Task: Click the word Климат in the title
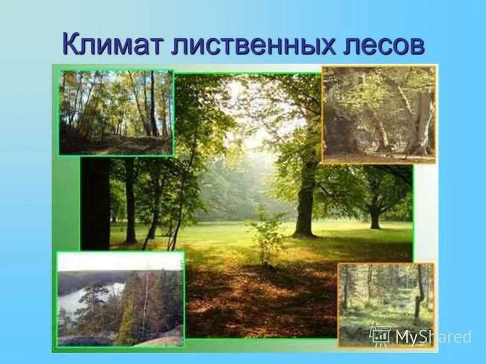112,45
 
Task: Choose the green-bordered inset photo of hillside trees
115,112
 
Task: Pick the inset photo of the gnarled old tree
378,114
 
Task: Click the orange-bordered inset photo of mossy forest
386,303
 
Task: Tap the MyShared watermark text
432,337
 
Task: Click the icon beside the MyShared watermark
380,335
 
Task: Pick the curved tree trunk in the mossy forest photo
419,297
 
